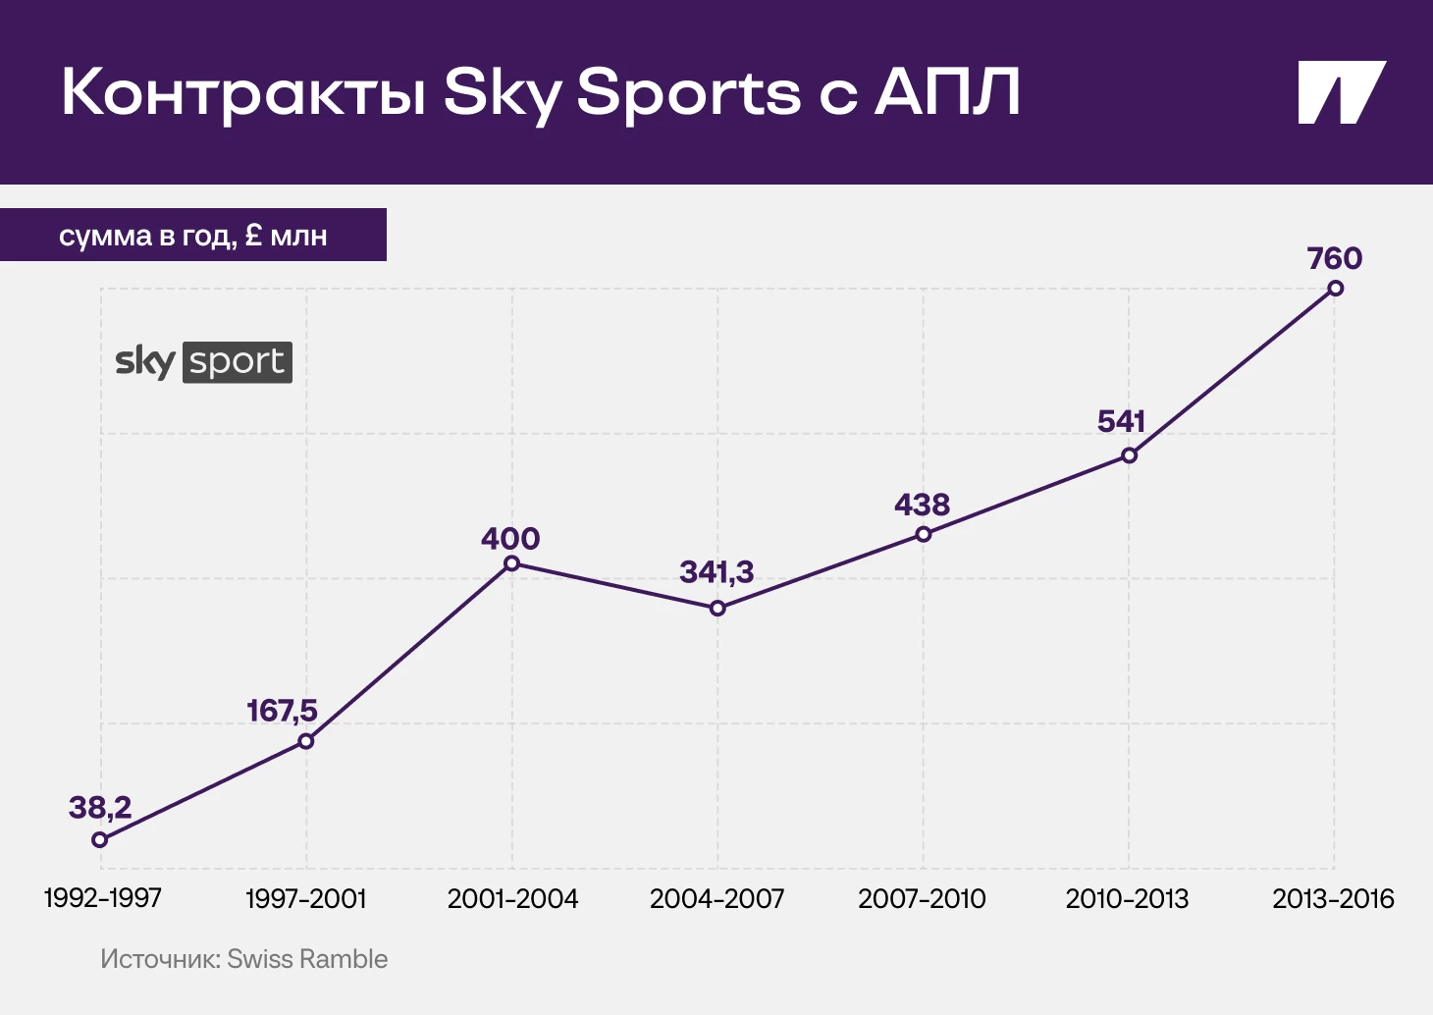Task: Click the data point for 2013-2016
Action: click(x=1335, y=289)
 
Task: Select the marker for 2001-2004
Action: click(x=511, y=563)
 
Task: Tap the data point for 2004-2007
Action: click(x=717, y=609)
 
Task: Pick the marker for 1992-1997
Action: click(x=99, y=839)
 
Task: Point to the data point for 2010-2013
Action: click(x=1130, y=455)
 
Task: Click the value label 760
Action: click(x=1335, y=259)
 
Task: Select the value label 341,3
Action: click(x=716, y=572)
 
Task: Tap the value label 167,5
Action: click(x=282, y=711)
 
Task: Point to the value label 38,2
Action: click(x=100, y=808)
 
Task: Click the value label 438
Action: click(x=922, y=506)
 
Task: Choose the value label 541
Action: click(x=1121, y=422)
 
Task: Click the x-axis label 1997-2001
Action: click(x=305, y=899)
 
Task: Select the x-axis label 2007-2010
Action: click(x=922, y=899)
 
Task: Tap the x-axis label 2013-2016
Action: click(x=1333, y=899)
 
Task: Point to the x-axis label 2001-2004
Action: click(x=512, y=899)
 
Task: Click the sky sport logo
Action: click(x=203, y=362)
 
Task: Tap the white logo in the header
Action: click(x=1341, y=93)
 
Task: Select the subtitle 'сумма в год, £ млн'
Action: click(x=193, y=236)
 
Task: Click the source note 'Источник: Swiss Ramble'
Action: click(x=244, y=959)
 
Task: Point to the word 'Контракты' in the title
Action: click(x=243, y=93)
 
